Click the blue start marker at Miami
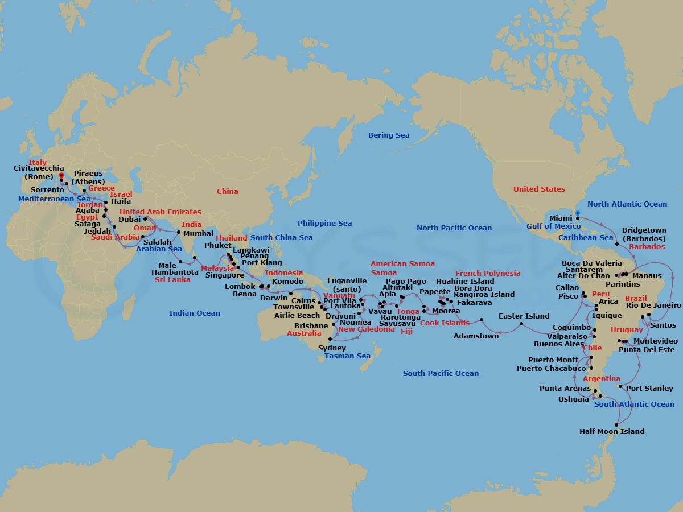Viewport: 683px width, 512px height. coord(577,214)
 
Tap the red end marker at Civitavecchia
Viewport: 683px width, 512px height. coord(61,176)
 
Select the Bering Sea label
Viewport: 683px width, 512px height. coord(389,135)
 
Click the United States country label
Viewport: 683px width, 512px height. coord(539,189)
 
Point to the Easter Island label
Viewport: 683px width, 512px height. coord(524,316)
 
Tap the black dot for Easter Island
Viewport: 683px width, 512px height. coord(521,325)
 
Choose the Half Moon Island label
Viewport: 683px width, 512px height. coord(612,432)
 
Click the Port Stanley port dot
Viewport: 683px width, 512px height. coord(620,387)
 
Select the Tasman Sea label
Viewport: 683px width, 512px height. coord(347,356)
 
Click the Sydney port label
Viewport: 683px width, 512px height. coord(332,348)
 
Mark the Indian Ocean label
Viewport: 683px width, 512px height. coord(194,313)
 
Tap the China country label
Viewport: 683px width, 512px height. coord(227,192)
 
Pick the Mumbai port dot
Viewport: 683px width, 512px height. coord(179,232)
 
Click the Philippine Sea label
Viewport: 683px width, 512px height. coord(324,224)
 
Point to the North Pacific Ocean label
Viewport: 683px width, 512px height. coord(454,228)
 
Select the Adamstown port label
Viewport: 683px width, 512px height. coord(476,336)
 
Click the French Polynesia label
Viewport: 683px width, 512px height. coord(488,274)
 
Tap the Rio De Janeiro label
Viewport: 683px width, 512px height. coord(653,305)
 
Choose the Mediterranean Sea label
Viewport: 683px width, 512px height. coord(54,199)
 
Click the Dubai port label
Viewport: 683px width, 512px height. coord(129,219)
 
